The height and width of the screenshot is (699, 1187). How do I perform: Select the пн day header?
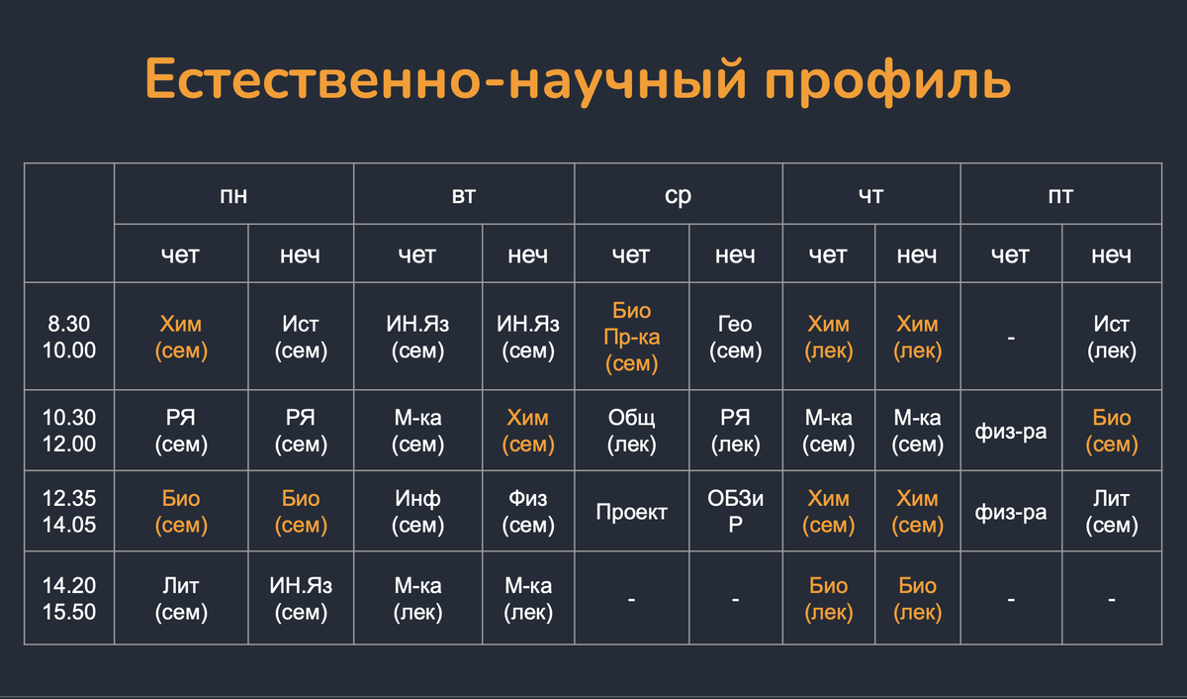(233, 195)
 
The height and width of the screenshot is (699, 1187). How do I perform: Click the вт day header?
(464, 195)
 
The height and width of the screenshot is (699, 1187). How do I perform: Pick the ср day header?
(678, 195)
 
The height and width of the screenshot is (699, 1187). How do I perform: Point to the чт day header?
(870, 195)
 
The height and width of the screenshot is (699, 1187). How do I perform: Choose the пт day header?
(1060, 195)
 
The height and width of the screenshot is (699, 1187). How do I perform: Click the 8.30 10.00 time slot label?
(69, 337)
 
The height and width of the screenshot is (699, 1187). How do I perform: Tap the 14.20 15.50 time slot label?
(69, 599)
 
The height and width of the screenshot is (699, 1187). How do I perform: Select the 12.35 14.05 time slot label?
(69, 512)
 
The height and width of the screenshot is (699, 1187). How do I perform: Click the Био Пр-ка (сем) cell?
(632, 338)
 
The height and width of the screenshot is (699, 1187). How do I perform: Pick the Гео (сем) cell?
(735, 337)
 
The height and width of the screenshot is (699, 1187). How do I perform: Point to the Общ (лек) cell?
(632, 431)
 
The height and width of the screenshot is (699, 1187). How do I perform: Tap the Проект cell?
(632, 512)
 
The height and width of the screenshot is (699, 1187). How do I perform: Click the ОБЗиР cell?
(735, 512)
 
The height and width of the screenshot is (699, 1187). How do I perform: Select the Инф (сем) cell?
(417, 512)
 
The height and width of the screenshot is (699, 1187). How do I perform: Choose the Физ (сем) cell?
(527, 512)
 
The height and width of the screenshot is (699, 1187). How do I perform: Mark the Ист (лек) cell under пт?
(1111, 337)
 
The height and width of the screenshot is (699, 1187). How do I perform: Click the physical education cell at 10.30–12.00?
(1010, 432)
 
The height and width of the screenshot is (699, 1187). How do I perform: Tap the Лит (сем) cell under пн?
(181, 599)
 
